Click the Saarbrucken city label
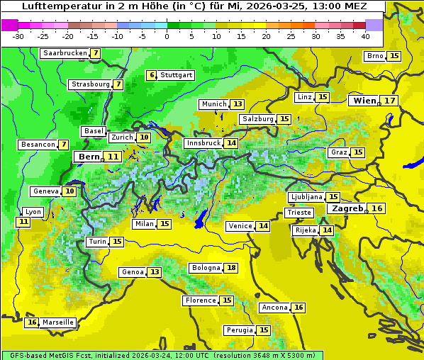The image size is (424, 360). tap(65, 53)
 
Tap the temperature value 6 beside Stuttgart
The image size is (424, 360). tap(151, 75)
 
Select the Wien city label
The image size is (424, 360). tap(364, 101)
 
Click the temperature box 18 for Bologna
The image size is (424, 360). tap(231, 268)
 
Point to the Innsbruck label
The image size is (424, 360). tap(203, 143)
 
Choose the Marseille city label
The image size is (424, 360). tap(57, 322)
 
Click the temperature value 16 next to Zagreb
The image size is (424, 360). tap(377, 208)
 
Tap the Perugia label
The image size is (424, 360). tap(239, 330)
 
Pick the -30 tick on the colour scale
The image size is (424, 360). tap(19, 35)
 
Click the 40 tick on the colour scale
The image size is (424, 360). tap(365, 35)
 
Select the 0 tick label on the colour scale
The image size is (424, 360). tap(167, 35)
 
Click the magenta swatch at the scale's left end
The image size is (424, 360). tap(9, 25)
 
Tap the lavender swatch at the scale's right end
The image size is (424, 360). tap(374, 25)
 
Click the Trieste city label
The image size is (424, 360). tap(298, 213)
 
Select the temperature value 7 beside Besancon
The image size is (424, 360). tap(64, 145)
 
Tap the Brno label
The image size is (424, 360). tap(374, 56)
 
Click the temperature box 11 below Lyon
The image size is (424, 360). tap(23, 222)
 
